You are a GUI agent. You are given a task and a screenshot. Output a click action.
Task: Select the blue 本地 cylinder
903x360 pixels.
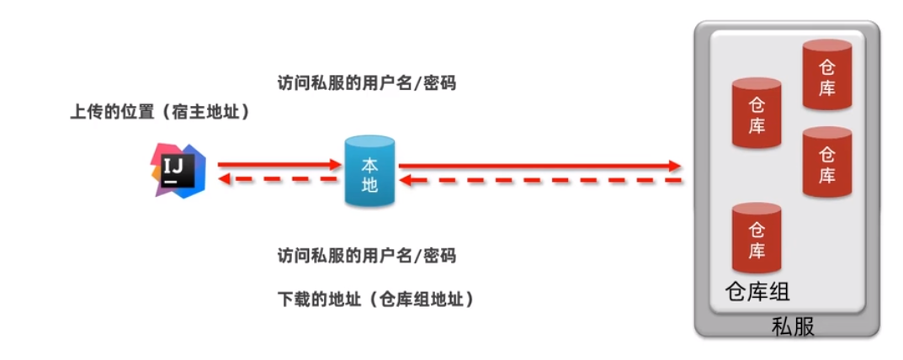point(369,172)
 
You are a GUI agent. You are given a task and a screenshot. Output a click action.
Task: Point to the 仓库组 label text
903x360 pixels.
point(757,292)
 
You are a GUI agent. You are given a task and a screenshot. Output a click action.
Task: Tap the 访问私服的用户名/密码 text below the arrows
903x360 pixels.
point(367,255)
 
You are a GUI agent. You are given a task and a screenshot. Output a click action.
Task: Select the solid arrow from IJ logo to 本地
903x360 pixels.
point(278,165)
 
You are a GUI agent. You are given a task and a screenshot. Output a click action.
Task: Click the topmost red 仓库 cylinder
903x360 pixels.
point(827,76)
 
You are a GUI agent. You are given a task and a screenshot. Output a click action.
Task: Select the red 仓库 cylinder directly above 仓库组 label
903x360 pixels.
point(757,239)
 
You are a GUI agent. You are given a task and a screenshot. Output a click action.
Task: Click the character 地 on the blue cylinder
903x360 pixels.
point(369,185)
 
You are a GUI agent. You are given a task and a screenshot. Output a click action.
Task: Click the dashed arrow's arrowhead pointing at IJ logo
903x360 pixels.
point(225,178)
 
